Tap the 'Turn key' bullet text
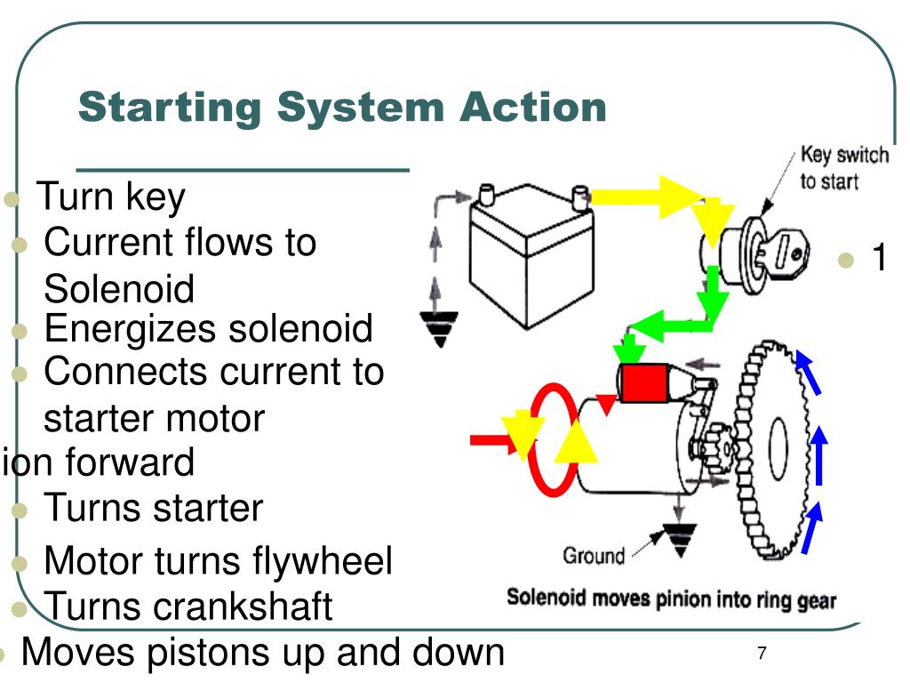[x=111, y=197]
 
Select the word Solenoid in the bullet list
[x=118, y=289]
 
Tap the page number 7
[x=762, y=654]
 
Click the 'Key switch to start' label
[x=842, y=168]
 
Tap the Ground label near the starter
[x=593, y=557]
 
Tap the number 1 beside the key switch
[x=879, y=259]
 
